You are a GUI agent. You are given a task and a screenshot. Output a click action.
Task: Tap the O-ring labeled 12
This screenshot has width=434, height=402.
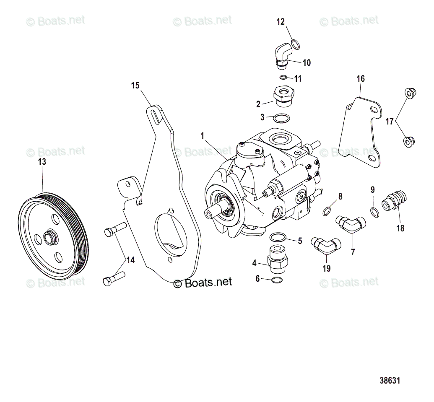point(295,44)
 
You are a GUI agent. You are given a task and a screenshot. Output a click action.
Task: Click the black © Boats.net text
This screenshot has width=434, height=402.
point(203,283)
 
